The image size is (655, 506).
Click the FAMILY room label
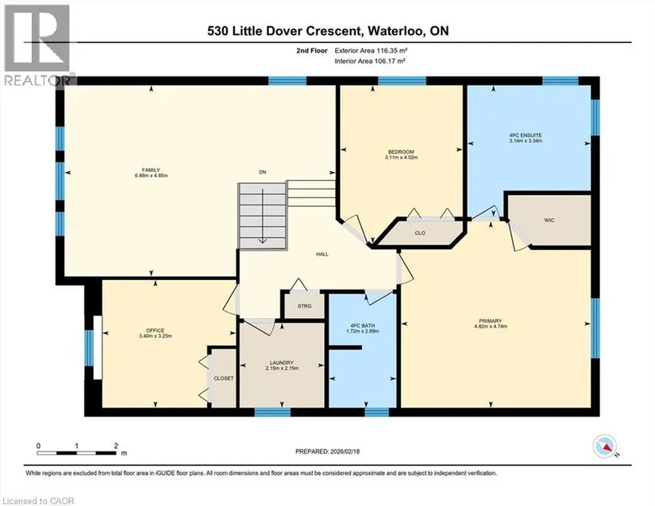[x=151, y=171]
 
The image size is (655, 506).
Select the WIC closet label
[x=549, y=220]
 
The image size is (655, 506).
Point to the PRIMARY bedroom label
[x=491, y=320]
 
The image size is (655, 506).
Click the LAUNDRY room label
[x=282, y=363]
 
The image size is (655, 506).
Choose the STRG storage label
[x=305, y=306]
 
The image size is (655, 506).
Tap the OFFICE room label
[x=156, y=331]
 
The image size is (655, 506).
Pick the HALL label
[x=322, y=254]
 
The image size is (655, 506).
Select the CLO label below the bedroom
[x=420, y=232]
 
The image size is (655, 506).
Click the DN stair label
[x=262, y=172]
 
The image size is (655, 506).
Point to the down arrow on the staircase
[x=262, y=216]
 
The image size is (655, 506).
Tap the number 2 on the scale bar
[x=116, y=446]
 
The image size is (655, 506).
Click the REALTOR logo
[x=37, y=45]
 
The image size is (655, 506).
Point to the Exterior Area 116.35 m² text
[x=371, y=51]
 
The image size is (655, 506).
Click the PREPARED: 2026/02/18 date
[x=327, y=451]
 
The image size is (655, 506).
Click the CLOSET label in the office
[x=223, y=378]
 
